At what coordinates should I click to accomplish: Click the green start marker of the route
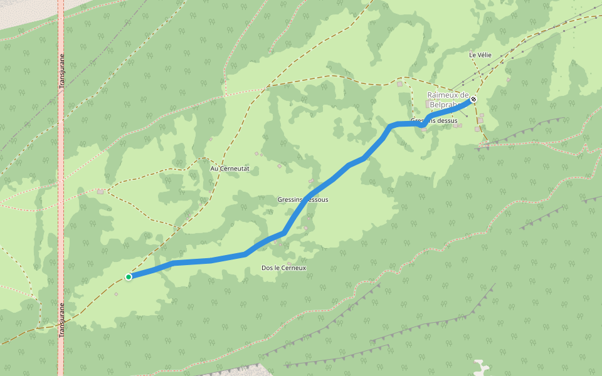(x=129, y=276)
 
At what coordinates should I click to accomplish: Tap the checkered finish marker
(x=473, y=99)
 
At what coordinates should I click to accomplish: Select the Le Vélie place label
(x=480, y=55)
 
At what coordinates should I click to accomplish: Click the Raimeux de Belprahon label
(x=448, y=100)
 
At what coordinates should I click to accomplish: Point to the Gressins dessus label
(x=434, y=120)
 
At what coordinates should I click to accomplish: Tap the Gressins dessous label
(x=302, y=200)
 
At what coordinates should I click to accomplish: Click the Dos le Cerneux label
(x=283, y=268)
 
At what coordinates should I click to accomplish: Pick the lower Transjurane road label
(x=61, y=320)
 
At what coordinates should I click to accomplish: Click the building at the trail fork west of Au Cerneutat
(x=100, y=191)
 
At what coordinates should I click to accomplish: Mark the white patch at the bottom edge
(x=481, y=367)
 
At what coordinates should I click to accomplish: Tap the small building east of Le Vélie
(x=509, y=80)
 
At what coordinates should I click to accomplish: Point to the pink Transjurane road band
(x=61, y=188)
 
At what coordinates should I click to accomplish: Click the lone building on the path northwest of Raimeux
(x=399, y=83)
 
